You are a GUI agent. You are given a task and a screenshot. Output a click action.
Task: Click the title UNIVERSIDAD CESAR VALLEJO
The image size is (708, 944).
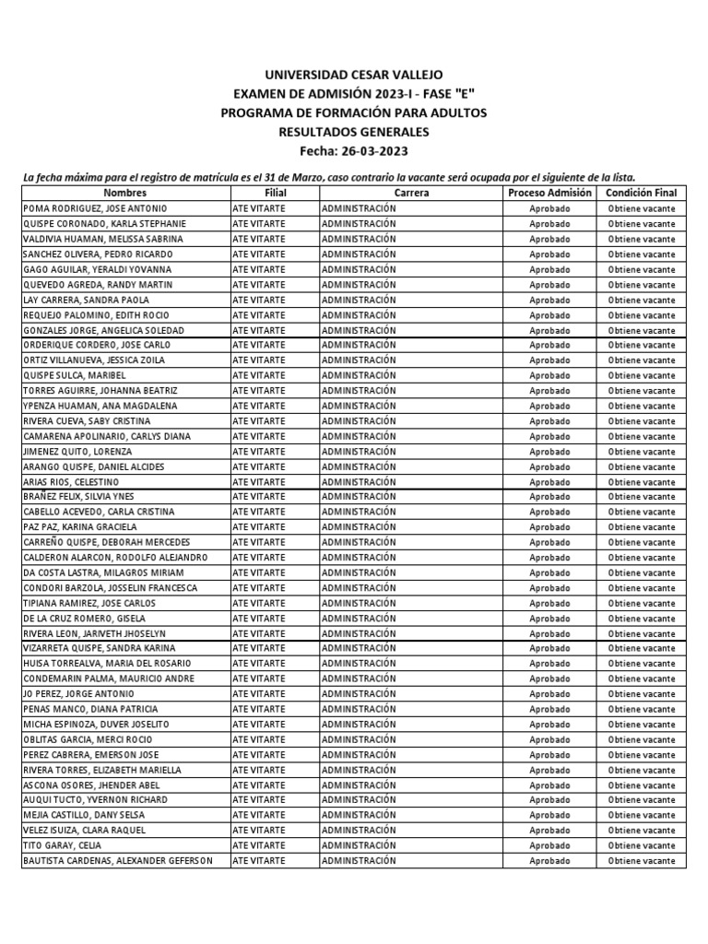[x=354, y=74]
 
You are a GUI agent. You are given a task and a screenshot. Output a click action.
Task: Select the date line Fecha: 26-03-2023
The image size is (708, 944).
[x=354, y=151]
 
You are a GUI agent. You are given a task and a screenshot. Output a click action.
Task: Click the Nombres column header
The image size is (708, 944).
[x=125, y=193]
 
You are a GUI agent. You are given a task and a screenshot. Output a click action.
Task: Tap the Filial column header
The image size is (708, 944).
[x=275, y=193]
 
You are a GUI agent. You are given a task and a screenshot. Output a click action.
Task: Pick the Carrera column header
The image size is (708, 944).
[x=411, y=193]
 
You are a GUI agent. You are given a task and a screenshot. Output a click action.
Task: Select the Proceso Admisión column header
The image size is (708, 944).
[x=549, y=193]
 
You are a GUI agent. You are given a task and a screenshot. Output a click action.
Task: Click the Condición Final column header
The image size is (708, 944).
[x=641, y=193]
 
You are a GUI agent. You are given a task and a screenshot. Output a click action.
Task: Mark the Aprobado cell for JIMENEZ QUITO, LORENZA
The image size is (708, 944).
[x=549, y=452]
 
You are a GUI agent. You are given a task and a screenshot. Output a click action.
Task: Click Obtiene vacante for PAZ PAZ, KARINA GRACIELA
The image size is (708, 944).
[x=641, y=527]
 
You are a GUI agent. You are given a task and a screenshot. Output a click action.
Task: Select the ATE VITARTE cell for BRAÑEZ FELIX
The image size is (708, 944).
[x=259, y=497]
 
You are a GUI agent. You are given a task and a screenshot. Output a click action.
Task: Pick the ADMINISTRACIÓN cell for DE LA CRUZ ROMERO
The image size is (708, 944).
[x=359, y=618]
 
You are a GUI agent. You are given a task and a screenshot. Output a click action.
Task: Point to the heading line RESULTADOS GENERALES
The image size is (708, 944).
[x=354, y=132]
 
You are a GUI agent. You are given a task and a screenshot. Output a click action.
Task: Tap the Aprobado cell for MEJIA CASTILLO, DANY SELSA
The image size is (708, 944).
[x=549, y=815]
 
